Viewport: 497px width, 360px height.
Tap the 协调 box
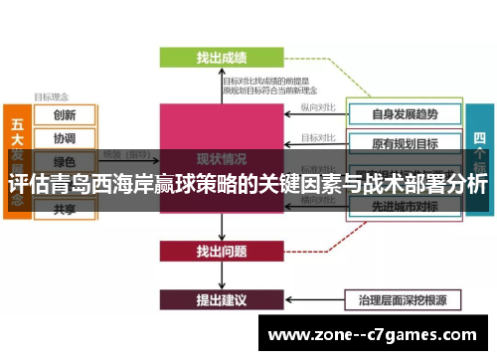tap(65, 139)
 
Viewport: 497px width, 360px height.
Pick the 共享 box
tap(65, 209)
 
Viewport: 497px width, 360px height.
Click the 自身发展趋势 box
tap(404, 112)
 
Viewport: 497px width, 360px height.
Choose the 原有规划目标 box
tap(404, 144)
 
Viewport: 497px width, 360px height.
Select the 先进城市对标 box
tap(404, 207)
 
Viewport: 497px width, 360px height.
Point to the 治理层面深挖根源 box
tap(404, 298)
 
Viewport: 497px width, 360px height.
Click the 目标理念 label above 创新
tap(52, 97)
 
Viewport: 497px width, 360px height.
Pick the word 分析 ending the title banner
tap(465, 185)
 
